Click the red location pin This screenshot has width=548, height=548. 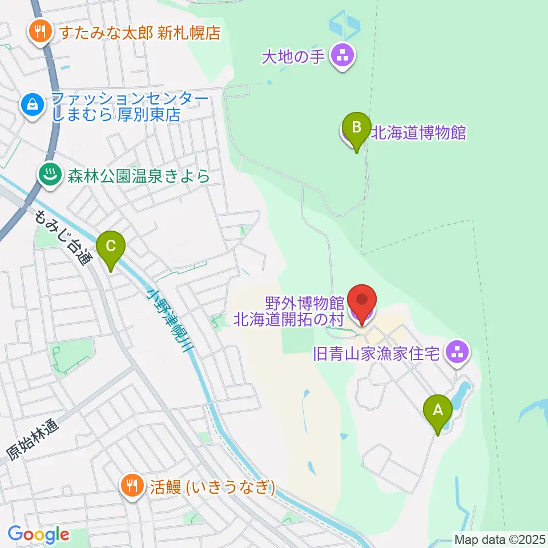click(362, 301)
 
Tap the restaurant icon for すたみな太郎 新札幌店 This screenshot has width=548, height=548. click(39, 31)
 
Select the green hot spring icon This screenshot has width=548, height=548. click(49, 175)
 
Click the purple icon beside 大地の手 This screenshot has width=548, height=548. click(344, 56)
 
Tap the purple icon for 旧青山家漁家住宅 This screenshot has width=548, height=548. click(457, 351)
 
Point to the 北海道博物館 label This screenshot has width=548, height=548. click(418, 133)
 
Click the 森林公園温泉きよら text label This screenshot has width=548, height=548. click(136, 176)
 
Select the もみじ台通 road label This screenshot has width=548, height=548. click(63, 237)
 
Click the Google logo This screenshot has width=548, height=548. click(38, 534)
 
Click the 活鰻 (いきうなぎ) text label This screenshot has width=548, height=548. click(214, 487)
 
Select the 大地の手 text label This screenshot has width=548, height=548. click(293, 56)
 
